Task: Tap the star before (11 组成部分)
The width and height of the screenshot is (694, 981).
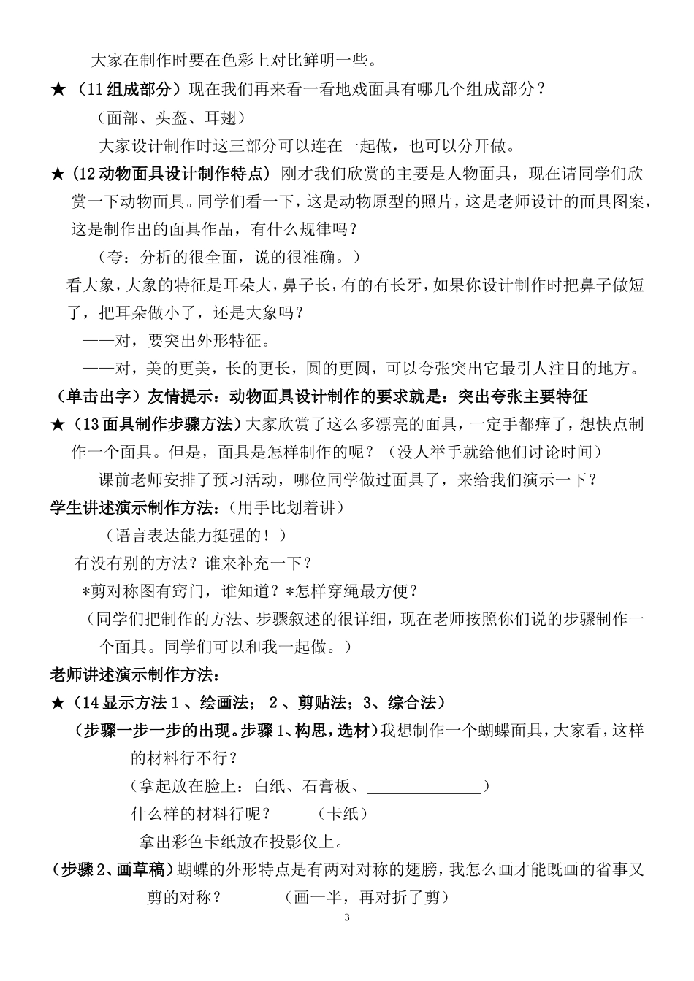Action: pyautogui.click(x=58, y=90)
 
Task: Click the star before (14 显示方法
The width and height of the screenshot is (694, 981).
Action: pyautogui.click(x=58, y=703)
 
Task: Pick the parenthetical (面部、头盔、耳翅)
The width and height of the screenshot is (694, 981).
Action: pyautogui.click(x=170, y=118)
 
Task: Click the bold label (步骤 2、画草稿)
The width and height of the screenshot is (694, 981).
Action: pyautogui.click(x=113, y=869)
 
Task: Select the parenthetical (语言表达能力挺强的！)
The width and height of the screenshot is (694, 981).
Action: pyautogui.click(x=197, y=535)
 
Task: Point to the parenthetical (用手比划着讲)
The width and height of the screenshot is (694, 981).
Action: pyautogui.click(x=285, y=507)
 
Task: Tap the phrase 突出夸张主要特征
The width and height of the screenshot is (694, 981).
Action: pyautogui.click(x=522, y=397)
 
